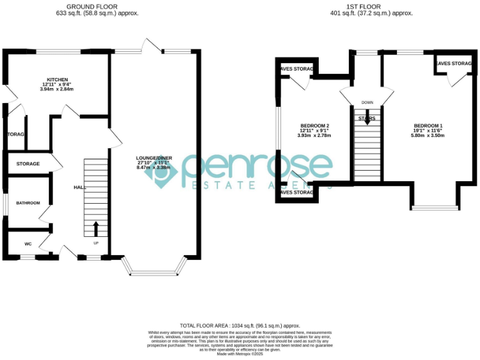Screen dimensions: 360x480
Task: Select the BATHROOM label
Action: [28, 203]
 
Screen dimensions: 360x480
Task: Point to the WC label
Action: [28, 244]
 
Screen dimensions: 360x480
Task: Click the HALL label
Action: [79, 187]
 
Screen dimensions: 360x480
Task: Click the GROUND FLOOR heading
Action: [93, 6]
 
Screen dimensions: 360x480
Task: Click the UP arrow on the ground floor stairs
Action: [96, 227]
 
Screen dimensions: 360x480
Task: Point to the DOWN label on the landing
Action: [366, 103]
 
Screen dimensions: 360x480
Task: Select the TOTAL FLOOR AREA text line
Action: [240, 326]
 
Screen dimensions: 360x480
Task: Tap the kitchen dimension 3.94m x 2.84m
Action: [57, 89]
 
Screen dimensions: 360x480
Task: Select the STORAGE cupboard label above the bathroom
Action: [28, 164]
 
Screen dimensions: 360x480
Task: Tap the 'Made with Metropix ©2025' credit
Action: [240, 354]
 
